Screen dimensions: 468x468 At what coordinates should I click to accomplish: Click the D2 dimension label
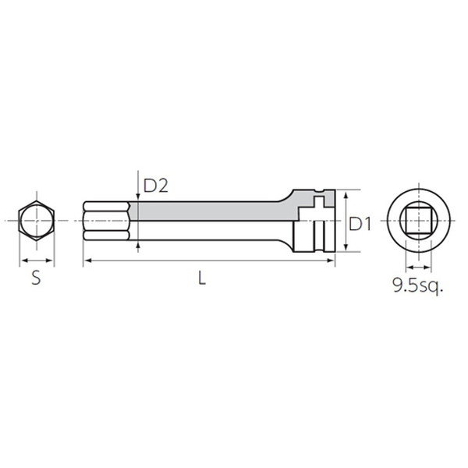[156, 186]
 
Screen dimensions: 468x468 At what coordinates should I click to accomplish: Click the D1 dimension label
[360, 224]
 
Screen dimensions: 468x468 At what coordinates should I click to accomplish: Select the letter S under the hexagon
[36, 278]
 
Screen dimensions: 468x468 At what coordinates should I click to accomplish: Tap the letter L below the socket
[202, 278]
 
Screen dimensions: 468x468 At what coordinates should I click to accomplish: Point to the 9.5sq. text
[418, 286]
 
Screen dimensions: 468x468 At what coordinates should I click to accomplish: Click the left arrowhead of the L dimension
[87, 261]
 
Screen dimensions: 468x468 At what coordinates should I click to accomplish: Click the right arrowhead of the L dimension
[331, 261]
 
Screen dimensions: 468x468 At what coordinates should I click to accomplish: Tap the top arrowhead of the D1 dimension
[346, 196]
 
